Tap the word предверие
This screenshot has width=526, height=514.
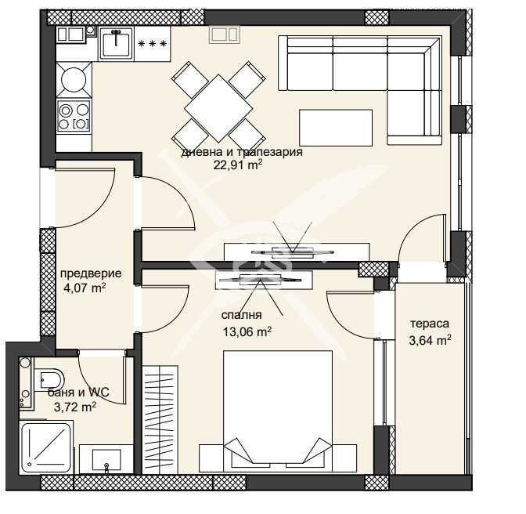click(x=91, y=273)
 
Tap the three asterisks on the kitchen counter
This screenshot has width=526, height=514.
click(x=152, y=44)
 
